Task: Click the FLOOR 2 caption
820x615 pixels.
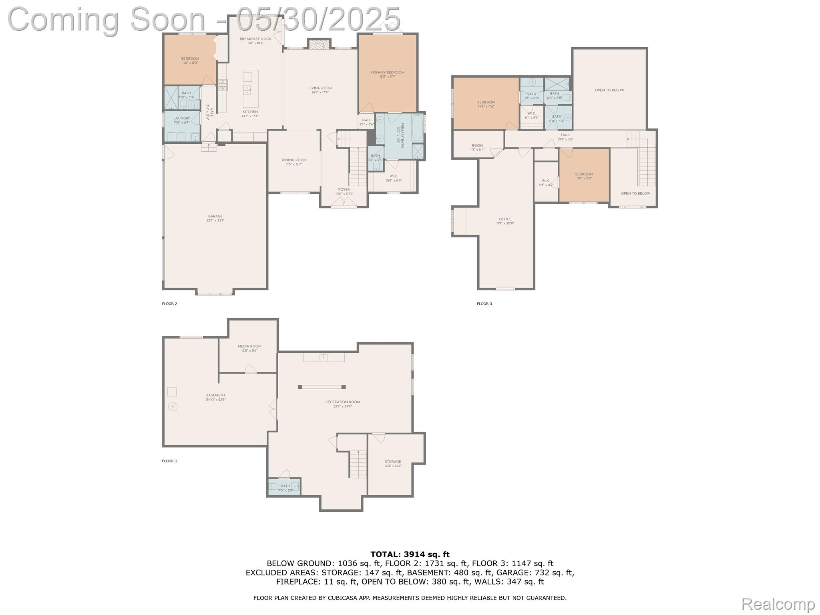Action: (x=169, y=303)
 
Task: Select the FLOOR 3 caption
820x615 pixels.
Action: (x=484, y=303)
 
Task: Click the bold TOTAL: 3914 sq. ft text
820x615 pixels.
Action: (x=410, y=554)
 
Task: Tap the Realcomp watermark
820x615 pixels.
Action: (x=778, y=603)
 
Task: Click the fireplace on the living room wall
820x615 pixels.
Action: (x=319, y=44)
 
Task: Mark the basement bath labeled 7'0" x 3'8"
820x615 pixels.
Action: (x=285, y=487)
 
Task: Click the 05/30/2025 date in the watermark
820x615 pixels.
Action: (x=318, y=19)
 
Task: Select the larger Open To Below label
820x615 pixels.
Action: (x=609, y=90)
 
